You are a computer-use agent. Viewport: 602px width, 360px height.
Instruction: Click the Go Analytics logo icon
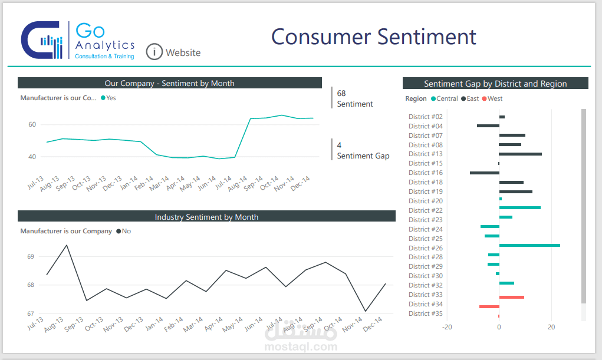(x=41, y=40)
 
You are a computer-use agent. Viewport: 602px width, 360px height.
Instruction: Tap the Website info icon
(x=154, y=52)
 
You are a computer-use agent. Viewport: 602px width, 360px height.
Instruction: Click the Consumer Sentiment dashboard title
(x=373, y=37)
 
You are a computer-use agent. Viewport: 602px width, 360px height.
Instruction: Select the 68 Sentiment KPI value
(x=341, y=93)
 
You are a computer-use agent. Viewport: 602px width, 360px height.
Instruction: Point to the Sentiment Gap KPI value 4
(x=339, y=145)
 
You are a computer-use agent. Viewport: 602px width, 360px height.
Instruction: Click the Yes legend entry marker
(x=103, y=98)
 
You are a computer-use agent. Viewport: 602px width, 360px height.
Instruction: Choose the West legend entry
(x=492, y=99)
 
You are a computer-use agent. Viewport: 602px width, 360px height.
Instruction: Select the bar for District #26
(x=529, y=245)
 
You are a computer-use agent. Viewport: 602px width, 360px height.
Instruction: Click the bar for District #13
(x=520, y=154)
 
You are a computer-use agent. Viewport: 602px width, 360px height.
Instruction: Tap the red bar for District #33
(x=511, y=297)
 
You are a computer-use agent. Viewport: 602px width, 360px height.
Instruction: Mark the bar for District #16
(x=484, y=173)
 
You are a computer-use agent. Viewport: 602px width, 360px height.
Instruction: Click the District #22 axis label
(x=425, y=210)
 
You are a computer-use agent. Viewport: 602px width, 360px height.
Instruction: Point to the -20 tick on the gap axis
(x=447, y=327)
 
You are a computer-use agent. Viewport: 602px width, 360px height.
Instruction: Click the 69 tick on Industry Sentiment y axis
(x=31, y=257)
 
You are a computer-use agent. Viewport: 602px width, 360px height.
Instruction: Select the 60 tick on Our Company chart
(x=32, y=124)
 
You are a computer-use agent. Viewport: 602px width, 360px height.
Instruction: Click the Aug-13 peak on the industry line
(x=66, y=245)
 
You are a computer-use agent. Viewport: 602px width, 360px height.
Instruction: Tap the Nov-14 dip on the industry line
(x=366, y=311)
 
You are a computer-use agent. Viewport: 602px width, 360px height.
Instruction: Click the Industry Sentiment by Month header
(x=206, y=217)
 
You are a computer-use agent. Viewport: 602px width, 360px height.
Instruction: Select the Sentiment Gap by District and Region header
(x=495, y=84)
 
